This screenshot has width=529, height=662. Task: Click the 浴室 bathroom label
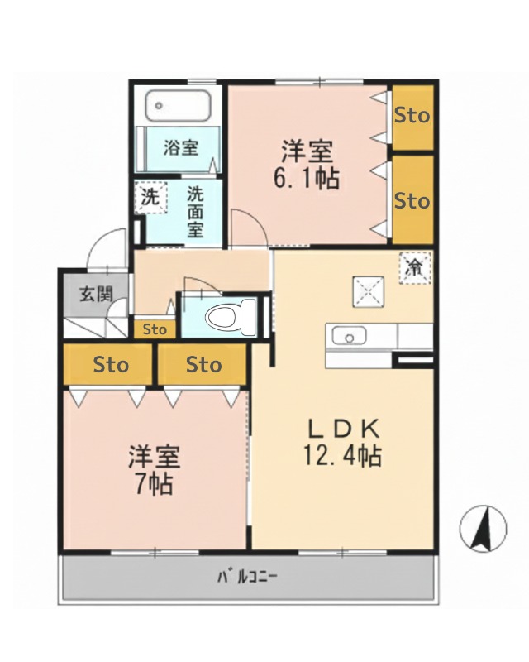[181, 149]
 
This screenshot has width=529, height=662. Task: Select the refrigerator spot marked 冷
[414, 266]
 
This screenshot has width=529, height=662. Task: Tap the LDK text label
[344, 429]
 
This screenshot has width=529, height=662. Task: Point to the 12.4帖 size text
[344, 455]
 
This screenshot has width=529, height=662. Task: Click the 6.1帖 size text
[307, 177]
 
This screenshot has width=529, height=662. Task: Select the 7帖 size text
[154, 483]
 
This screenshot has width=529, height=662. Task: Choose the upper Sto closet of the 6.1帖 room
[412, 116]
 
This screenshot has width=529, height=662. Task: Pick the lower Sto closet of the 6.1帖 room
[412, 201]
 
